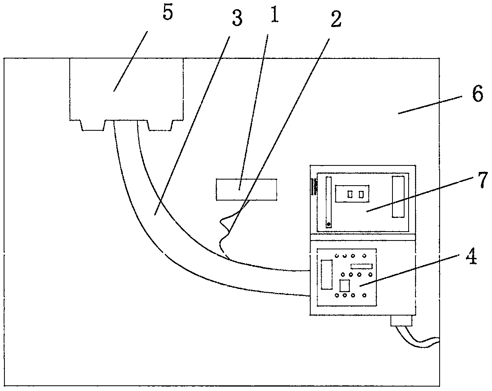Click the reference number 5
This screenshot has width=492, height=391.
[x=168, y=14]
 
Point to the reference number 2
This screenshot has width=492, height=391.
[x=335, y=21]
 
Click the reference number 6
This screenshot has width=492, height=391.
[x=477, y=96]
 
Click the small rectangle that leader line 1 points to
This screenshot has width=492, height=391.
[x=247, y=190]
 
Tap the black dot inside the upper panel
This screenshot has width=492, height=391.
[x=329, y=224]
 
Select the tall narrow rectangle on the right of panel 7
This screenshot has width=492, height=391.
[x=398, y=197]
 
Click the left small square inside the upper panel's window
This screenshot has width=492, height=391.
[x=350, y=194]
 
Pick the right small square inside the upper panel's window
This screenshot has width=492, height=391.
[x=362, y=194]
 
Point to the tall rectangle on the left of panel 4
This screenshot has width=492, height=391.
[x=326, y=275]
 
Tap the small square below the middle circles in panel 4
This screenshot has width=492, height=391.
[x=345, y=286]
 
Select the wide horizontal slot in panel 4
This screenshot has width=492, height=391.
[x=361, y=266]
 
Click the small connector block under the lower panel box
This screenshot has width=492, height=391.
[x=402, y=321]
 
